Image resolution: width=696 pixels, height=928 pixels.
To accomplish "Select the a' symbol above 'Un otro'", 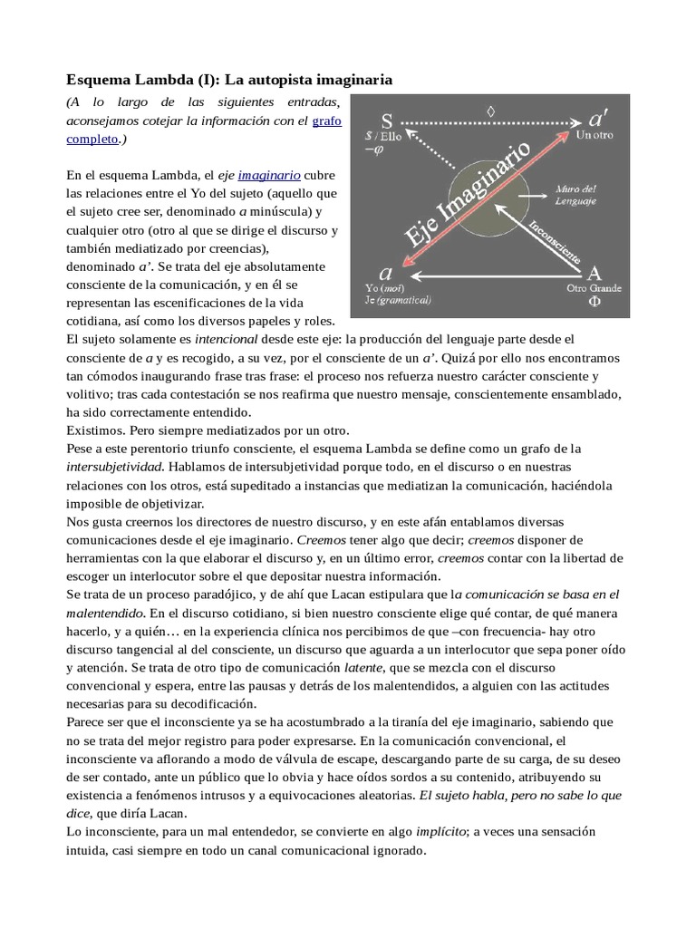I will click(x=599, y=119).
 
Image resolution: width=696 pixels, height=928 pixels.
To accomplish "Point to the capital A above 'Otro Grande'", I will click(x=594, y=273).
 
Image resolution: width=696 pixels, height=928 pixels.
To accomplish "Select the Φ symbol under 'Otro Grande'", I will click(x=594, y=304).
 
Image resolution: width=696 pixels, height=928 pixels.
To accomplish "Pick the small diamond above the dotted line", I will click(x=491, y=111).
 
